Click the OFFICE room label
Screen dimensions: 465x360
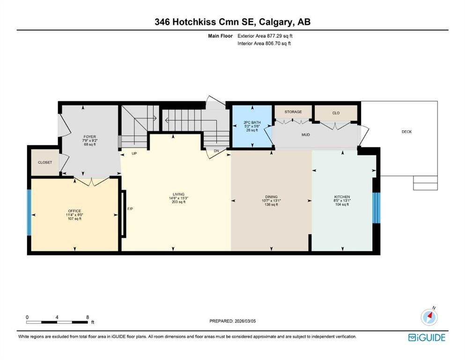pyautogui.click(x=74, y=211)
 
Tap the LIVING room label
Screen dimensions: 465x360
pyautogui.click(x=178, y=195)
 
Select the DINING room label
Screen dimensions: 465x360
pyautogui.click(x=271, y=197)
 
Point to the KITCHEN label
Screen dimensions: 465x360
pyautogui.click(x=342, y=197)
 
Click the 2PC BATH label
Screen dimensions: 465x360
pyautogui.click(x=252, y=122)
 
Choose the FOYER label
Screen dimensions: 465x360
pyautogui.click(x=89, y=137)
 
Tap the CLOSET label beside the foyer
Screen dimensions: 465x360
pyautogui.click(x=45, y=162)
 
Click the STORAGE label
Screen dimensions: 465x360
pyautogui.click(x=293, y=112)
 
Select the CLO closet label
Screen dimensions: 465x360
pyautogui.click(x=336, y=113)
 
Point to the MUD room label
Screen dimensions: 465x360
pyautogui.click(x=306, y=135)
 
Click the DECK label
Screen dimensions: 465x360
pyautogui.click(x=406, y=132)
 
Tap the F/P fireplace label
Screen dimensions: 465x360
pyautogui.click(x=130, y=209)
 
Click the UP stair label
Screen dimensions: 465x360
pyautogui.click(x=134, y=153)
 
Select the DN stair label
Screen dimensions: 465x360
pyautogui.click(x=216, y=151)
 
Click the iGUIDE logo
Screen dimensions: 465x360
pyautogui.click(x=427, y=338)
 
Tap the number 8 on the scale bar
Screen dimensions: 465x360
pyautogui.click(x=88, y=317)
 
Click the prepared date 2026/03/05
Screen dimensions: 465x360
pyautogui.click(x=245, y=321)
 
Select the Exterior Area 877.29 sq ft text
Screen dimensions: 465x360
pyautogui.click(x=265, y=36)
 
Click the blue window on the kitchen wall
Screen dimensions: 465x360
pyautogui.click(x=376, y=208)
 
